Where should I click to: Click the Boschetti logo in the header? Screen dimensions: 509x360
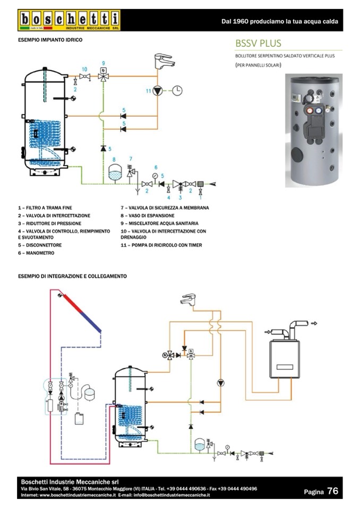(69, 20)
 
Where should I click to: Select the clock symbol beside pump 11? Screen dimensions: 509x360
(177, 90)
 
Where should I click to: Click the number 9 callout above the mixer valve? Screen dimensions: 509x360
(104, 64)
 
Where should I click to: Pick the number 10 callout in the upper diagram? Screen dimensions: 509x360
(84, 69)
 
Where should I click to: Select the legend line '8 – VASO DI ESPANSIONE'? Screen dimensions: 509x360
(147, 215)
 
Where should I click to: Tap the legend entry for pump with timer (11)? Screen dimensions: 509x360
(161, 245)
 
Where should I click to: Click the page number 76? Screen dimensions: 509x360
(333, 491)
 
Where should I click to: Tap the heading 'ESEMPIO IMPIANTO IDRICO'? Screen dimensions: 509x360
(50, 40)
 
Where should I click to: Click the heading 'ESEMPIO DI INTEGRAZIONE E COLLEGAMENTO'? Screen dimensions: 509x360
(72, 276)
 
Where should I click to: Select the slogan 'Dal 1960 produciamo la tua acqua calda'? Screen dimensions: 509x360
(279, 21)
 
